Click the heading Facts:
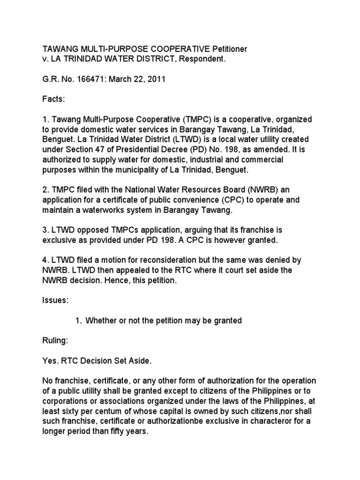pos(54,99)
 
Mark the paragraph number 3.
pos(45,231)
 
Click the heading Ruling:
pos(56,341)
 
